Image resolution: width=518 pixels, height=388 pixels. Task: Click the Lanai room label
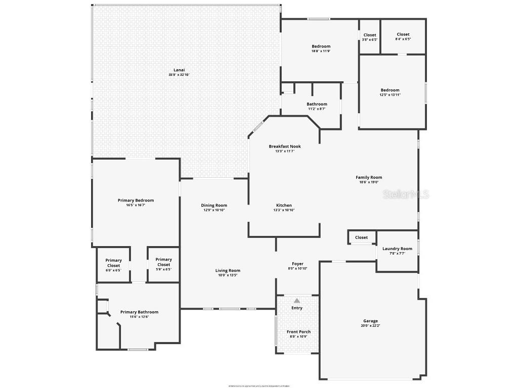click(179, 70)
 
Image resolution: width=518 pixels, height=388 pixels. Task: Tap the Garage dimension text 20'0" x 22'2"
click(370, 326)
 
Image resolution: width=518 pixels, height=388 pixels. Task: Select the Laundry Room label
click(397, 249)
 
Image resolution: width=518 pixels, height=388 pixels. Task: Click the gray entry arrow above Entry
click(297, 300)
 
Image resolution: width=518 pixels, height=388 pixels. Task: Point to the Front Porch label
click(298, 332)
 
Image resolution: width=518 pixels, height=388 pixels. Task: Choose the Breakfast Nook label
click(284, 147)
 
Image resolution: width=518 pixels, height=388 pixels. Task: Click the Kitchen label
click(284, 205)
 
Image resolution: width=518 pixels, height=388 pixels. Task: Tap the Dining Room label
click(214, 205)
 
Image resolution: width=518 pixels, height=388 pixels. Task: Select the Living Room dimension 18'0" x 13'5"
click(228, 275)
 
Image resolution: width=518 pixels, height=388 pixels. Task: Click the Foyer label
click(297, 264)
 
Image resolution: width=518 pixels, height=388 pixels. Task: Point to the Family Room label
click(369, 177)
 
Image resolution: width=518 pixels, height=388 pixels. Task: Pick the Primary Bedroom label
click(136, 200)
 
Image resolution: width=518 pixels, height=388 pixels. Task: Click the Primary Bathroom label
click(139, 312)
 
